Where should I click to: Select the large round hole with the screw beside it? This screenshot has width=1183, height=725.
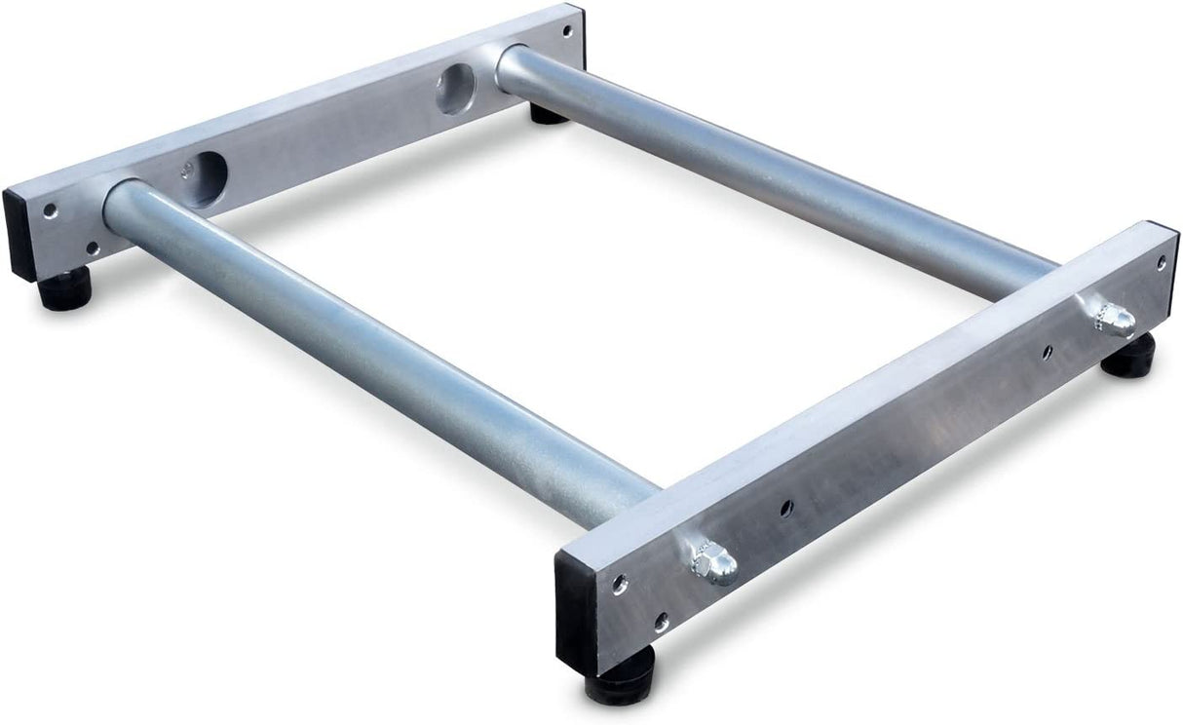click(x=207, y=179)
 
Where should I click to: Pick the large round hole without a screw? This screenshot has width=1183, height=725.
click(x=454, y=90)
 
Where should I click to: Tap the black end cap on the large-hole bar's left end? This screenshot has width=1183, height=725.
click(x=19, y=234)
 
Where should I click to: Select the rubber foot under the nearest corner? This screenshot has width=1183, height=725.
click(x=619, y=679)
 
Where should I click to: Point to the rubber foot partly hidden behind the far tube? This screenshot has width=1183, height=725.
click(x=548, y=114)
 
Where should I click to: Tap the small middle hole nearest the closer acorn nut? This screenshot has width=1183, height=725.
click(x=786, y=507)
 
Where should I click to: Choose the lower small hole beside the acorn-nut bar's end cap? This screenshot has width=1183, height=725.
click(x=662, y=619)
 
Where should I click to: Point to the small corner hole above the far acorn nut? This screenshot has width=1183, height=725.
click(x=1160, y=262)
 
